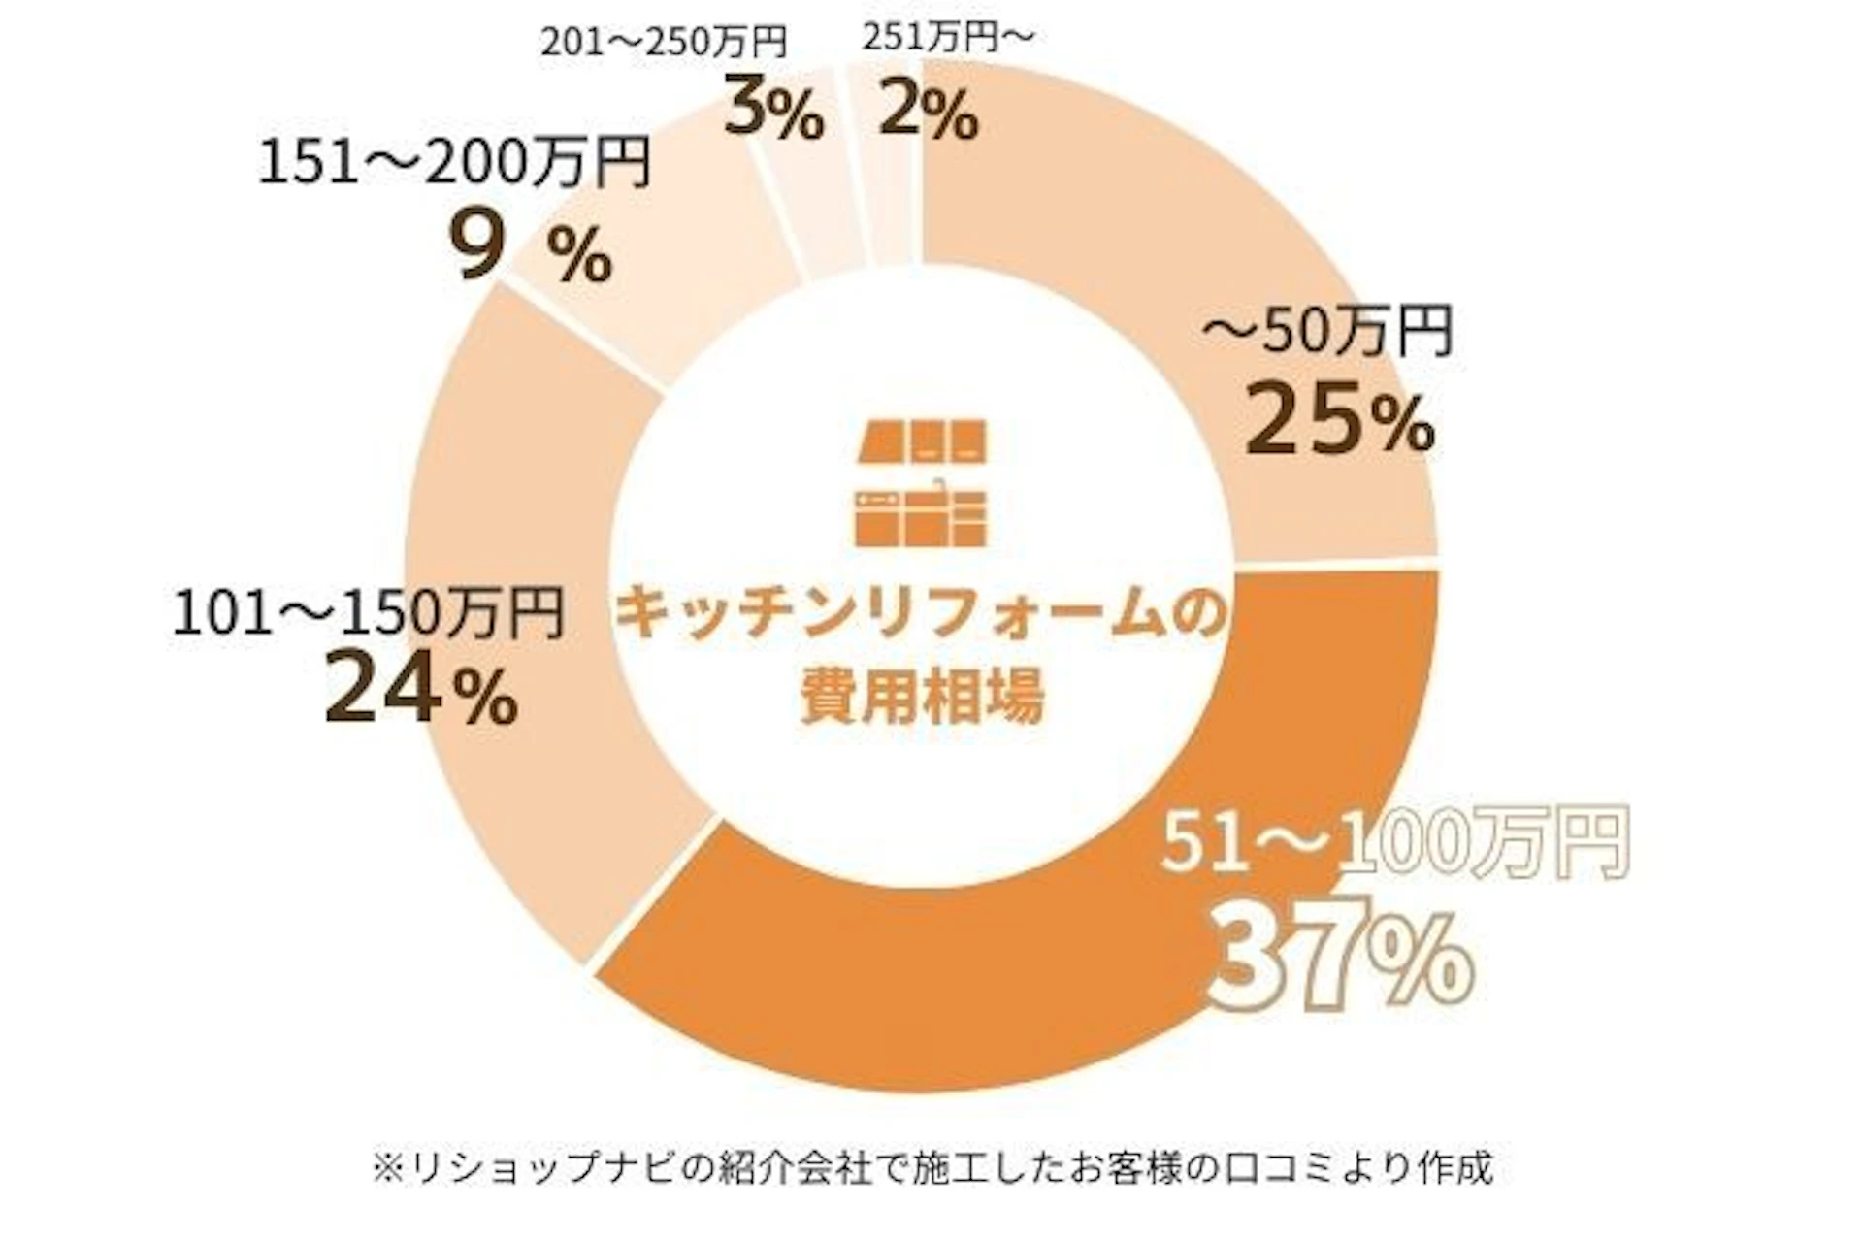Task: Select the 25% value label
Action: tap(1339, 419)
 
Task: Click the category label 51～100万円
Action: tap(1393, 842)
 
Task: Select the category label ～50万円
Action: tap(1326, 332)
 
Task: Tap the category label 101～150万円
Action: tap(368, 613)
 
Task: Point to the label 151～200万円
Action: tap(454, 162)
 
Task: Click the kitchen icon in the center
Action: tap(922, 482)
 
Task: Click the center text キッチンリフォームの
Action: tap(922, 614)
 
